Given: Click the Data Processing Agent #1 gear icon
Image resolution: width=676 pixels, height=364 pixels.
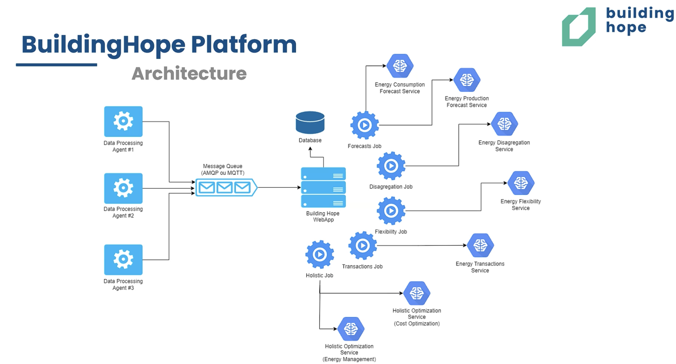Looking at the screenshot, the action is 123,121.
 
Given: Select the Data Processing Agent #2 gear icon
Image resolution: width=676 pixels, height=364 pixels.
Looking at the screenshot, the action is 123,188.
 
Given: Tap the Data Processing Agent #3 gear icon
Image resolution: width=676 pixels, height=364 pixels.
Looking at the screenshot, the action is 123,260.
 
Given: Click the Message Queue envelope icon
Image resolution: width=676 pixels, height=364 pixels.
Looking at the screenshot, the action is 226,187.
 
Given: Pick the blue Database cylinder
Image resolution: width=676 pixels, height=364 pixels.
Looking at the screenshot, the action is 310,122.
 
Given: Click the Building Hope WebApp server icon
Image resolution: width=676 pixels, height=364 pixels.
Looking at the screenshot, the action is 323,187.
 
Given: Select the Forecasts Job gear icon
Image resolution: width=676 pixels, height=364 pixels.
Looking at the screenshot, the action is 365,125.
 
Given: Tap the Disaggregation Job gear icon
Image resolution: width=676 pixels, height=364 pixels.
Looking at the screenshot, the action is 391,166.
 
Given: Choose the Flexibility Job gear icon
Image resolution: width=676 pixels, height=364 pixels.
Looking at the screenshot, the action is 391,211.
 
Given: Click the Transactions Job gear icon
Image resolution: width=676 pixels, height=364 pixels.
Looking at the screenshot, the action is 363,246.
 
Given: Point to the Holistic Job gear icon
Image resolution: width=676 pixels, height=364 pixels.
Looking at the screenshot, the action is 320,255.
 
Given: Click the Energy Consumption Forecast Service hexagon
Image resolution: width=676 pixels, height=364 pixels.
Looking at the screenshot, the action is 400,66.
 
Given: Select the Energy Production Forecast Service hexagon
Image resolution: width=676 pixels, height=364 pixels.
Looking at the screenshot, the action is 467,80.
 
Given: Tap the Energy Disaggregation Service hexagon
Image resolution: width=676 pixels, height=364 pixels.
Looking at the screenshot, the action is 504,124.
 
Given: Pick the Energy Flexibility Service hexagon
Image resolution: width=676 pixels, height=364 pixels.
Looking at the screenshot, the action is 521,183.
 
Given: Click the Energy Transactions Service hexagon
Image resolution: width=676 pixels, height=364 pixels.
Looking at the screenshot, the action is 480,246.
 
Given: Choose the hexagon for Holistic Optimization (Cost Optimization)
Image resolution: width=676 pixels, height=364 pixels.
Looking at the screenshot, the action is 417,293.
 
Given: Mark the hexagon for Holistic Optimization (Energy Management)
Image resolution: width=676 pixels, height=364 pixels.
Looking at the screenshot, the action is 351,329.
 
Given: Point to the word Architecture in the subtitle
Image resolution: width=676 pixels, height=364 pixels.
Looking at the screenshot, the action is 189,74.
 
